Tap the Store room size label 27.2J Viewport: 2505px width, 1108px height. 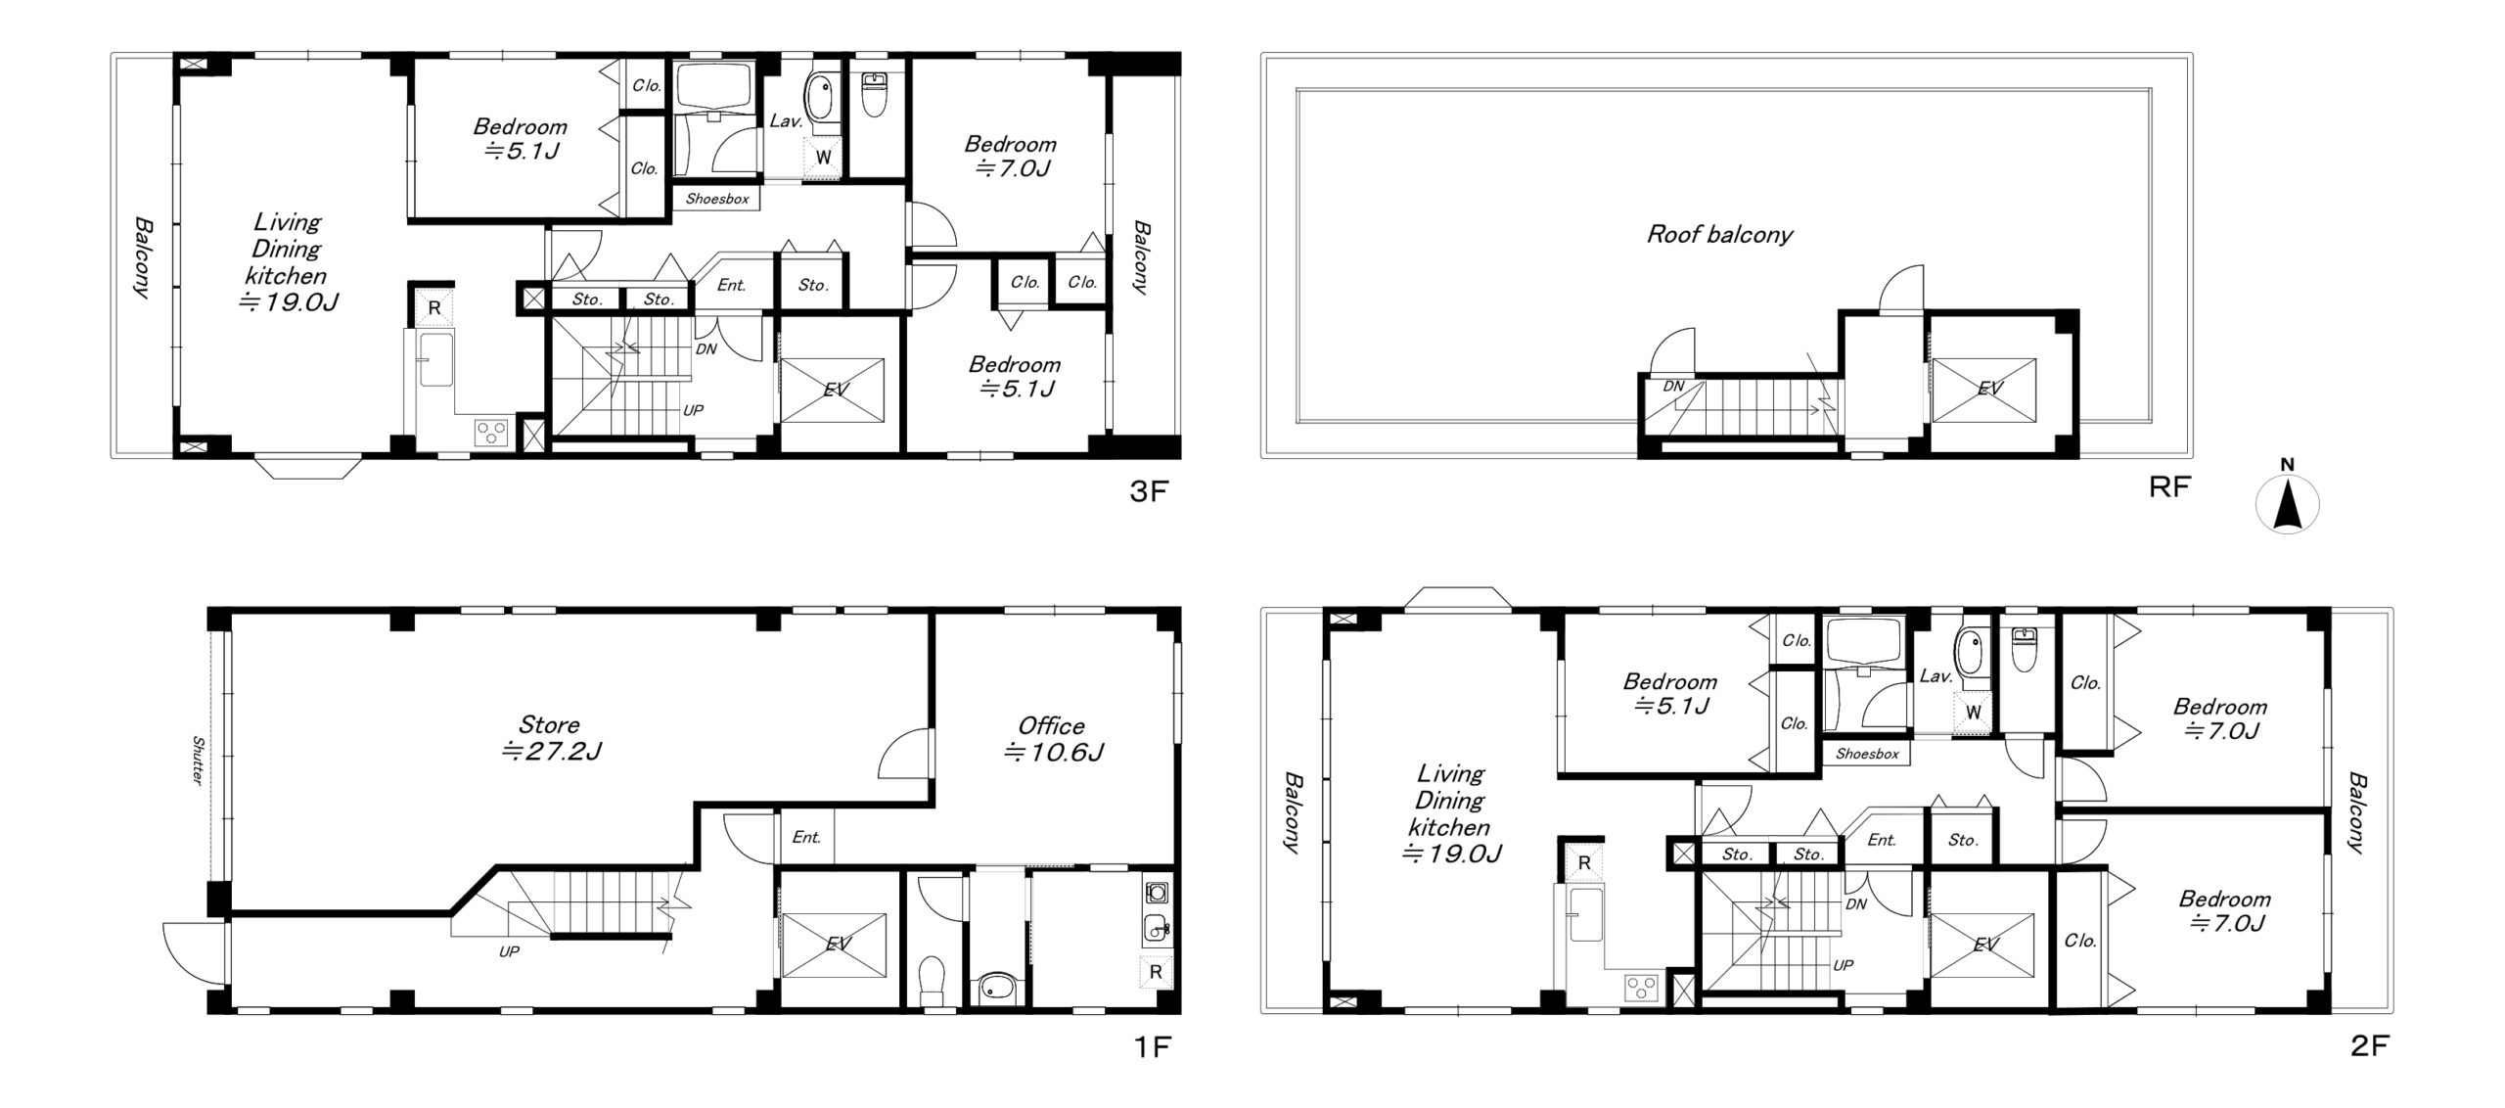point(551,751)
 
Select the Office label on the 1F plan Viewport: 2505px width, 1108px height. point(1051,725)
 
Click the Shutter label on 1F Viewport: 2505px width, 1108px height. point(198,761)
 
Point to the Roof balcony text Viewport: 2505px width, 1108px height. point(1719,234)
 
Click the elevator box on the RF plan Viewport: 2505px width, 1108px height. point(1983,389)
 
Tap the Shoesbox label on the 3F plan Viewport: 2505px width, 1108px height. point(717,199)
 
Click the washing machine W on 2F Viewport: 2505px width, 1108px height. point(1973,711)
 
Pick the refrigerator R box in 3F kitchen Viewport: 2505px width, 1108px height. point(434,307)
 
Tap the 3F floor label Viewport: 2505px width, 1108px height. point(1149,491)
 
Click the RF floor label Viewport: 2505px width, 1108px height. point(2168,486)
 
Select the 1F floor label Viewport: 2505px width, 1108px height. point(1152,1047)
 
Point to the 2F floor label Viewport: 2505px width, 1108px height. point(2369,1046)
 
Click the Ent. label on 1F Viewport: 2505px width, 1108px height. point(806,838)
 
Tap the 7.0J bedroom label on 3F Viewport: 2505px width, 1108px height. point(1012,168)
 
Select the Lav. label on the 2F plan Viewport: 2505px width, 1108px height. point(1936,675)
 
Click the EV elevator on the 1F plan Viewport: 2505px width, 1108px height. point(834,945)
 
